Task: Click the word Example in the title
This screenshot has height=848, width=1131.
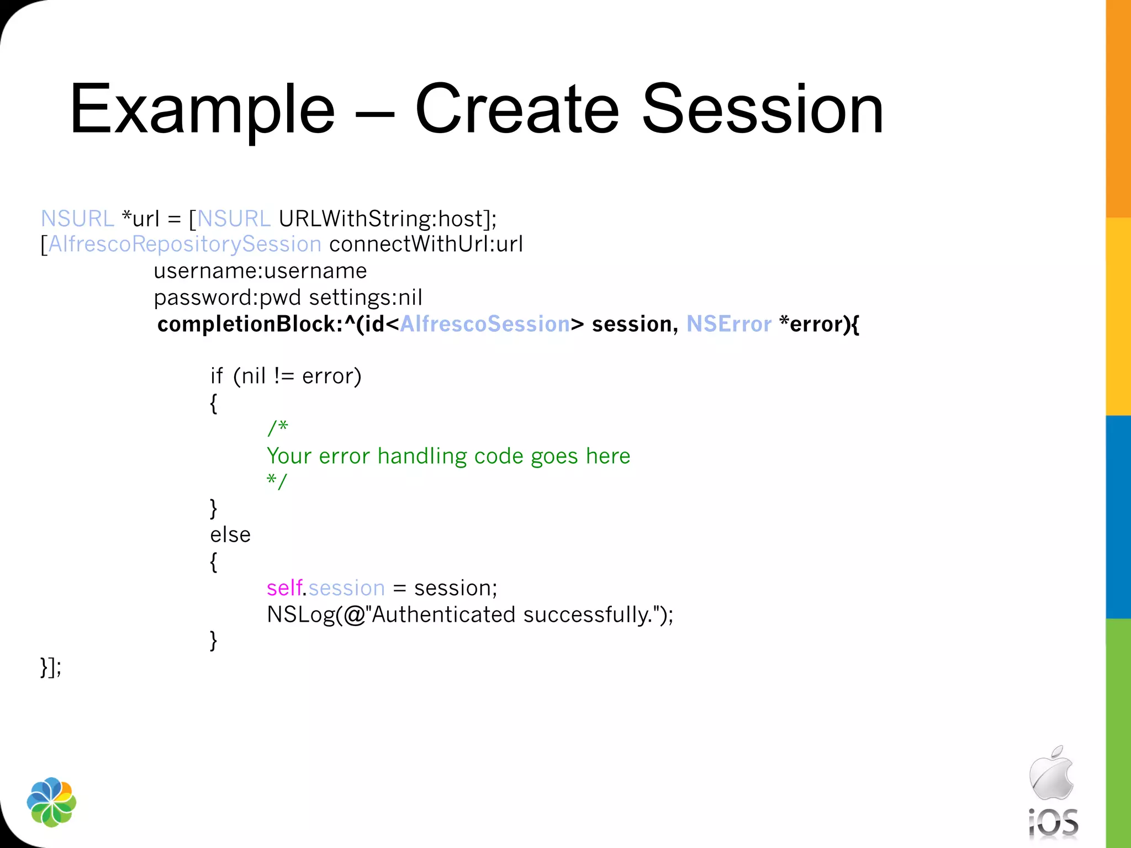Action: (x=202, y=109)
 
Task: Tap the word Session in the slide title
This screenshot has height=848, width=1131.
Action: (x=763, y=109)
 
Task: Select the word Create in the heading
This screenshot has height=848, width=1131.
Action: (x=517, y=109)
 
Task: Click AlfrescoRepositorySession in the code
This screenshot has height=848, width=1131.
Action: (x=185, y=244)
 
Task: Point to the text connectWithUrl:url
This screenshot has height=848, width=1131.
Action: (x=426, y=244)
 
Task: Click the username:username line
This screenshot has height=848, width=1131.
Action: (x=260, y=271)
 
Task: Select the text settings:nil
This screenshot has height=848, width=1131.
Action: (x=366, y=298)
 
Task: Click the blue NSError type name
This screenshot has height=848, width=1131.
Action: (x=728, y=324)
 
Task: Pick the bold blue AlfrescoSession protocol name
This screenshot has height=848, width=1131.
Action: (x=485, y=324)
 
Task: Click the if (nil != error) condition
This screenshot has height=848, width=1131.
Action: (x=286, y=376)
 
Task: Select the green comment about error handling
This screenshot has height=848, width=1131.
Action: (x=448, y=456)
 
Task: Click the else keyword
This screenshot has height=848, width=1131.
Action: (x=230, y=534)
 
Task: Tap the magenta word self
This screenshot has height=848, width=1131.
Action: (x=284, y=588)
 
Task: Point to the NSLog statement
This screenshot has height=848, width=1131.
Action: (x=470, y=614)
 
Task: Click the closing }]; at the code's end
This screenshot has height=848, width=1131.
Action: (x=51, y=667)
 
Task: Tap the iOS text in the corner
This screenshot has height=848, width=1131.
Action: (x=1053, y=823)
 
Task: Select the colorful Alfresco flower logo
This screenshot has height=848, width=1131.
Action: (x=51, y=802)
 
